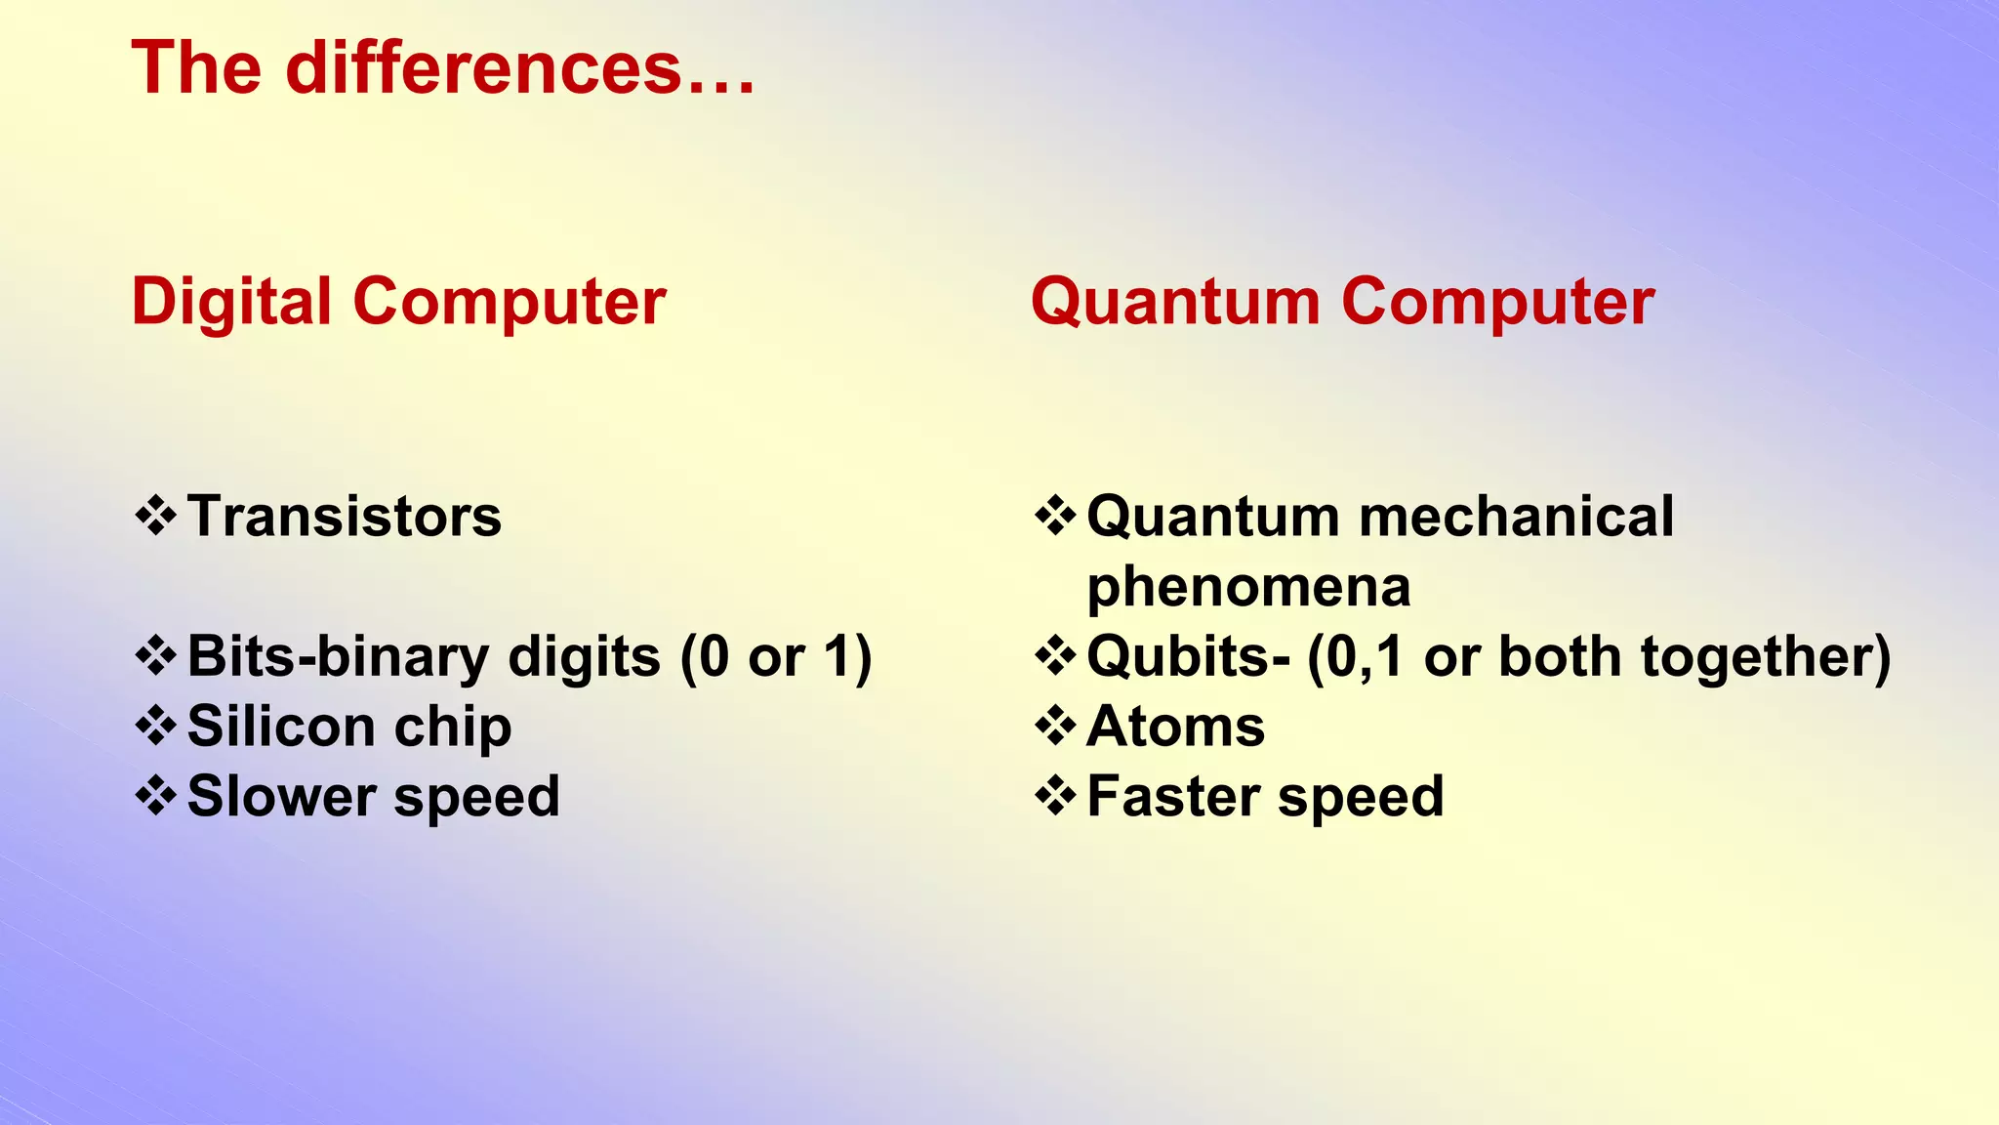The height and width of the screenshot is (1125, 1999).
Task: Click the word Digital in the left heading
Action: pyautogui.click(x=231, y=301)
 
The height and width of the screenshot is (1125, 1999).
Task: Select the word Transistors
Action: pyautogui.click(x=344, y=517)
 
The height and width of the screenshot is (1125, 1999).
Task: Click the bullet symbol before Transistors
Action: pyautogui.click(x=156, y=516)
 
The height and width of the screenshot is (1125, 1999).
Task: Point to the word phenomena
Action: pyautogui.click(x=1248, y=587)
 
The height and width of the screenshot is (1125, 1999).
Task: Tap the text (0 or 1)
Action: pyautogui.click(x=776, y=656)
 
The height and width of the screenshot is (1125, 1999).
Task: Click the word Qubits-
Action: pyautogui.click(x=1188, y=656)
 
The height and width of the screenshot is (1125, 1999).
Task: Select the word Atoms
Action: pyautogui.click(x=1175, y=727)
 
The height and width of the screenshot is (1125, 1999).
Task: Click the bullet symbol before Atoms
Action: pyautogui.click(x=1055, y=726)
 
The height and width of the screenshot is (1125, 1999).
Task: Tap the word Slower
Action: pyautogui.click(x=281, y=796)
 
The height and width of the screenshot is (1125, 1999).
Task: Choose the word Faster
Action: pyautogui.click(x=1172, y=796)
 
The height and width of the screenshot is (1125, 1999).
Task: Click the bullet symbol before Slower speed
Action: pyautogui.click(x=156, y=795)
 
